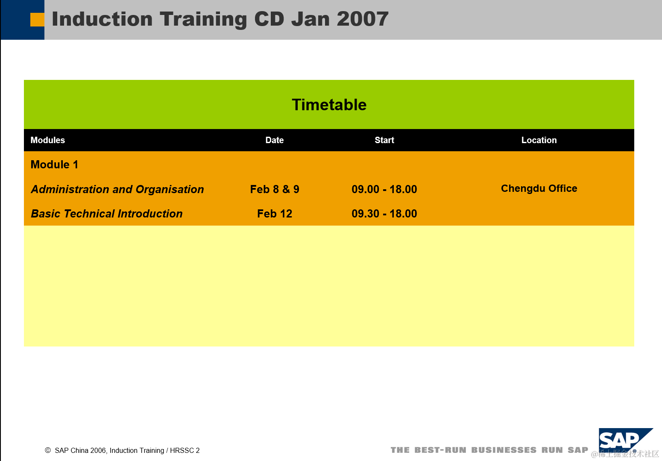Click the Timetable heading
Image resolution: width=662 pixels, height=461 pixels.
(x=329, y=105)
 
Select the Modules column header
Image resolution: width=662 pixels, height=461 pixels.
(x=47, y=140)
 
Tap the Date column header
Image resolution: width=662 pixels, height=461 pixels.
(x=274, y=140)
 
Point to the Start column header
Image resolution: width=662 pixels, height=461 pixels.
(x=384, y=140)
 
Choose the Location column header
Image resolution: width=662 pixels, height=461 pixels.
(x=539, y=140)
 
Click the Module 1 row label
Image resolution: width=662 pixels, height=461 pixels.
(x=54, y=164)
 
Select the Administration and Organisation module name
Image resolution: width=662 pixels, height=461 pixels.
(x=117, y=189)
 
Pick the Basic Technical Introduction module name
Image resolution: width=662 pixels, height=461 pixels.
(x=107, y=214)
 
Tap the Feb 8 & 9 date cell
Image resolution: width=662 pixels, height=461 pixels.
(x=275, y=189)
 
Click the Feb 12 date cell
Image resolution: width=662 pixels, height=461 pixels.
(x=275, y=214)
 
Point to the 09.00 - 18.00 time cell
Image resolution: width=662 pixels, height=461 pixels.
(x=384, y=189)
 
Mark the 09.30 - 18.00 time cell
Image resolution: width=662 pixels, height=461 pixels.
(x=384, y=214)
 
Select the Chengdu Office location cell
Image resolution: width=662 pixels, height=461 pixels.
(x=539, y=188)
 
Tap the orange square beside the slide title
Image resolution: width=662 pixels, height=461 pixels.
(x=37, y=20)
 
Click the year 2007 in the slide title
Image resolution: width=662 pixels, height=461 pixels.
(x=363, y=19)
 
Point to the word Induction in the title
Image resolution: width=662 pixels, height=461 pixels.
(x=102, y=19)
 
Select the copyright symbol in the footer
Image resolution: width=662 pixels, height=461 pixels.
(x=47, y=450)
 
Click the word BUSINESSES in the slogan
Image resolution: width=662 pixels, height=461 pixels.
(x=504, y=450)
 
